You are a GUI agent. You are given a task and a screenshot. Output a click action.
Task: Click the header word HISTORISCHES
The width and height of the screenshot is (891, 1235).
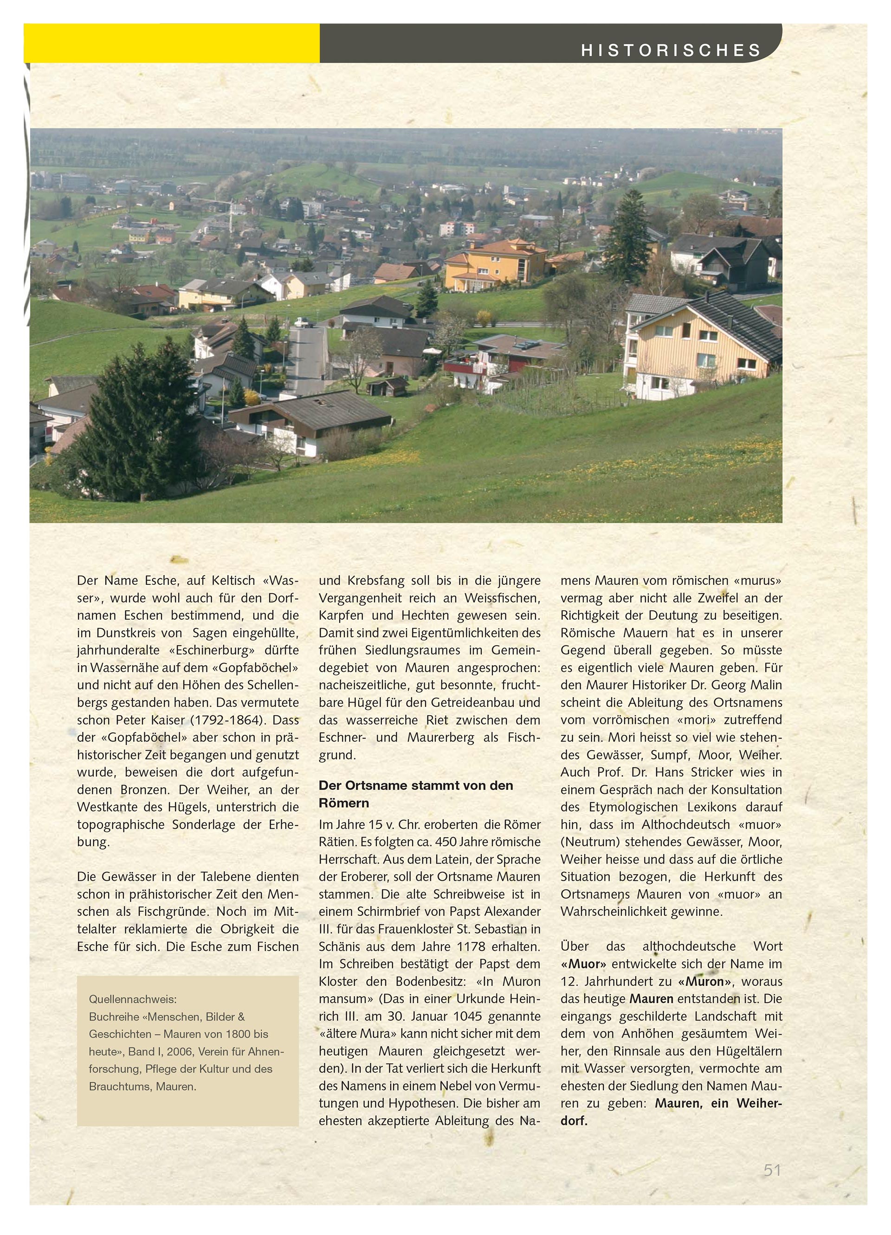(x=671, y=51)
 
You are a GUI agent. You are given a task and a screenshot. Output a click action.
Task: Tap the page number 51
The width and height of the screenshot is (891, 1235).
(x=772, y=1170)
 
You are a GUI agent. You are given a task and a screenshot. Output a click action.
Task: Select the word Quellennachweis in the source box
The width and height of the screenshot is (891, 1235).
(x=132, y=999)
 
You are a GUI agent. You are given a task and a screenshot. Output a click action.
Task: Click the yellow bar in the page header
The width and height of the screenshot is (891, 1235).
(x=171, y=43)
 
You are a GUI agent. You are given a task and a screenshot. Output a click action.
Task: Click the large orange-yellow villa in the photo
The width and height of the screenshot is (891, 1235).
(x=495, y=264)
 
